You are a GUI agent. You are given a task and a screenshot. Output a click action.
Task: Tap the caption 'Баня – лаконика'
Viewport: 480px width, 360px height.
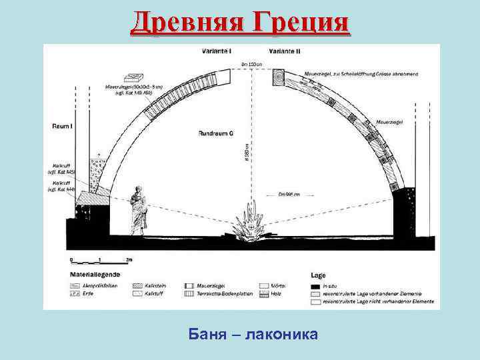pos(253,333)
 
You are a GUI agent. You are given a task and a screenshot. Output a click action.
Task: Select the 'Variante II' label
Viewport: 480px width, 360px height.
pos(285,51)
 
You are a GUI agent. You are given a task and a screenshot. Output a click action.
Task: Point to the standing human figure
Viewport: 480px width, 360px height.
pos(138,211)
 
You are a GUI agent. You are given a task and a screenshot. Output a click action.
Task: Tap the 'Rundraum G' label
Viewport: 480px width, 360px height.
pos(215,134)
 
